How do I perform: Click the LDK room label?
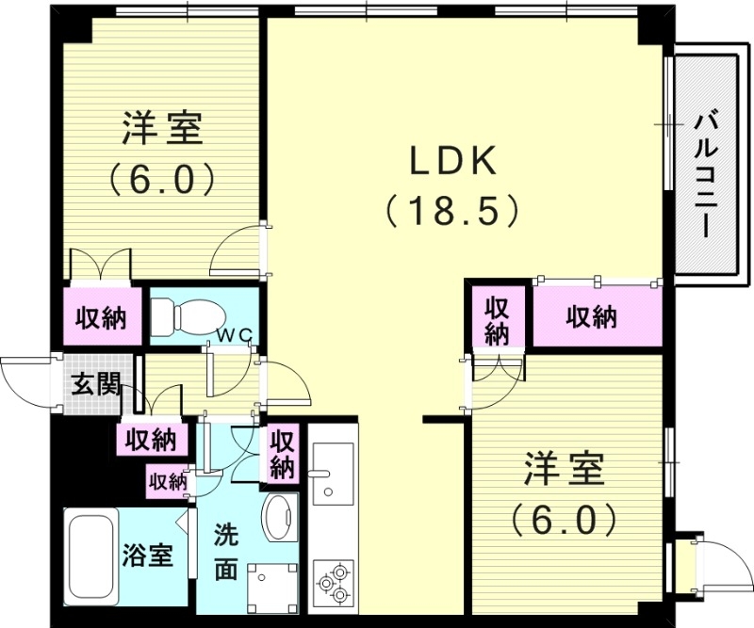(x=451, y=161)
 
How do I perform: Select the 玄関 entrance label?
(x=95, y=384)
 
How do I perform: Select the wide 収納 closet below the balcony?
(x=592, y=318)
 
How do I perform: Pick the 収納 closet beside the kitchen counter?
(x=282, y=453)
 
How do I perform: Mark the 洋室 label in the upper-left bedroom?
(x=162, y=129)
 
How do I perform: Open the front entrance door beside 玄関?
(x=24, y=382)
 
